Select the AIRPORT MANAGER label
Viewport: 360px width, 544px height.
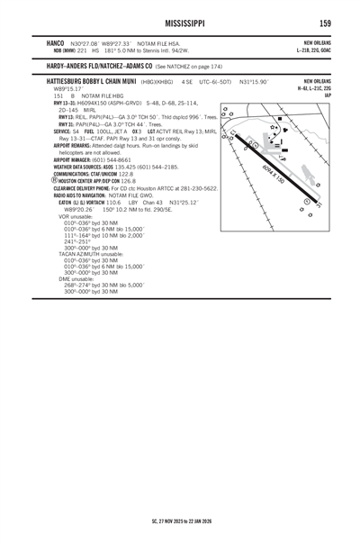tap(76, 159)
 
